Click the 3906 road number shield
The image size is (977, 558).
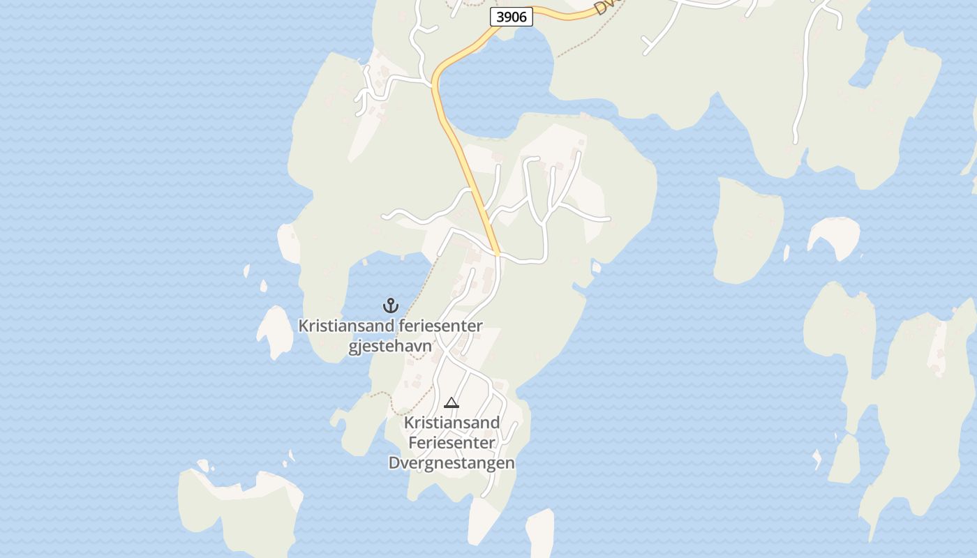pos(512,17)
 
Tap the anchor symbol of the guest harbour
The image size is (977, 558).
pos(390,305)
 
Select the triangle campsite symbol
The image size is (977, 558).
pos(452,402)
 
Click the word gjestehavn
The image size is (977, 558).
pos(390,346)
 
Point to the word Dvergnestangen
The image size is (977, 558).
pos(452,462)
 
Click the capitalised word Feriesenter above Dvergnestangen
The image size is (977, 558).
pos(452,442)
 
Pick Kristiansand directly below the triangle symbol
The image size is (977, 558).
pos(452,422)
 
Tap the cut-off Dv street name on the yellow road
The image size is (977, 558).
pos(601,7)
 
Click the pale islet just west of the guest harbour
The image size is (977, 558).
pos(274,332)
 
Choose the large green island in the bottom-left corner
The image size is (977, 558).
pos(237,513)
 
